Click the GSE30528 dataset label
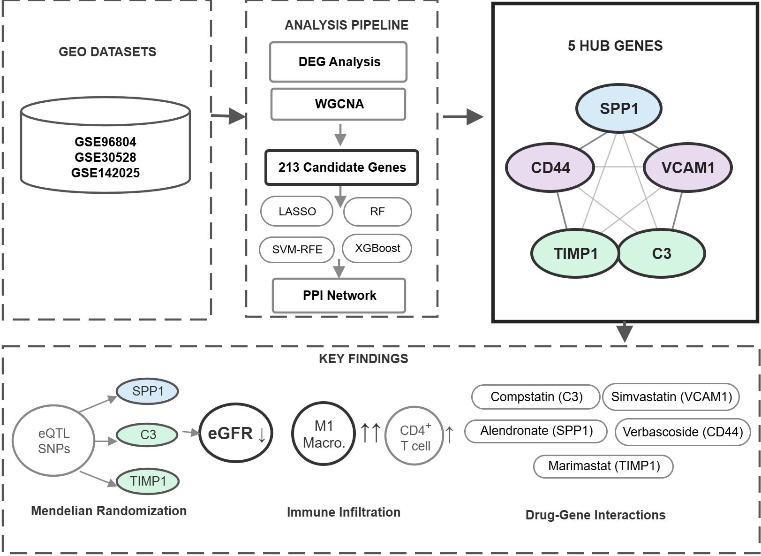[x=105, y=157]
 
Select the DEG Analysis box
[x=338, y=62]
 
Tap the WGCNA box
[x=338, y=104]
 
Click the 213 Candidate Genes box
[x=341, y=168]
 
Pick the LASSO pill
[x=297, y=211]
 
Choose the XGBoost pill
[x=377, y=248]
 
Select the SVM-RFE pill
[x=297, y=250]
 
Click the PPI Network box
[x=339, y=296]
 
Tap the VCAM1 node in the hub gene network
[x=687, y=168]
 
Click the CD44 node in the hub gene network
[x=550, y=168]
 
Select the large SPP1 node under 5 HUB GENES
[x=618, y=108]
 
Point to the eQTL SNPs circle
[x=53, y=441]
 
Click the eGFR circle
[x=236, y=433]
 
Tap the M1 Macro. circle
[x=324, y=434]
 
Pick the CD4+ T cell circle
[x=414, y=435]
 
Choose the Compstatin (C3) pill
[x=536, y=397]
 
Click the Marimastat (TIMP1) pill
[x=603, y=466]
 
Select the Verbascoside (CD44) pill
[x=683, y=432]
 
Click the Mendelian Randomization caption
[x=109, y=511]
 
